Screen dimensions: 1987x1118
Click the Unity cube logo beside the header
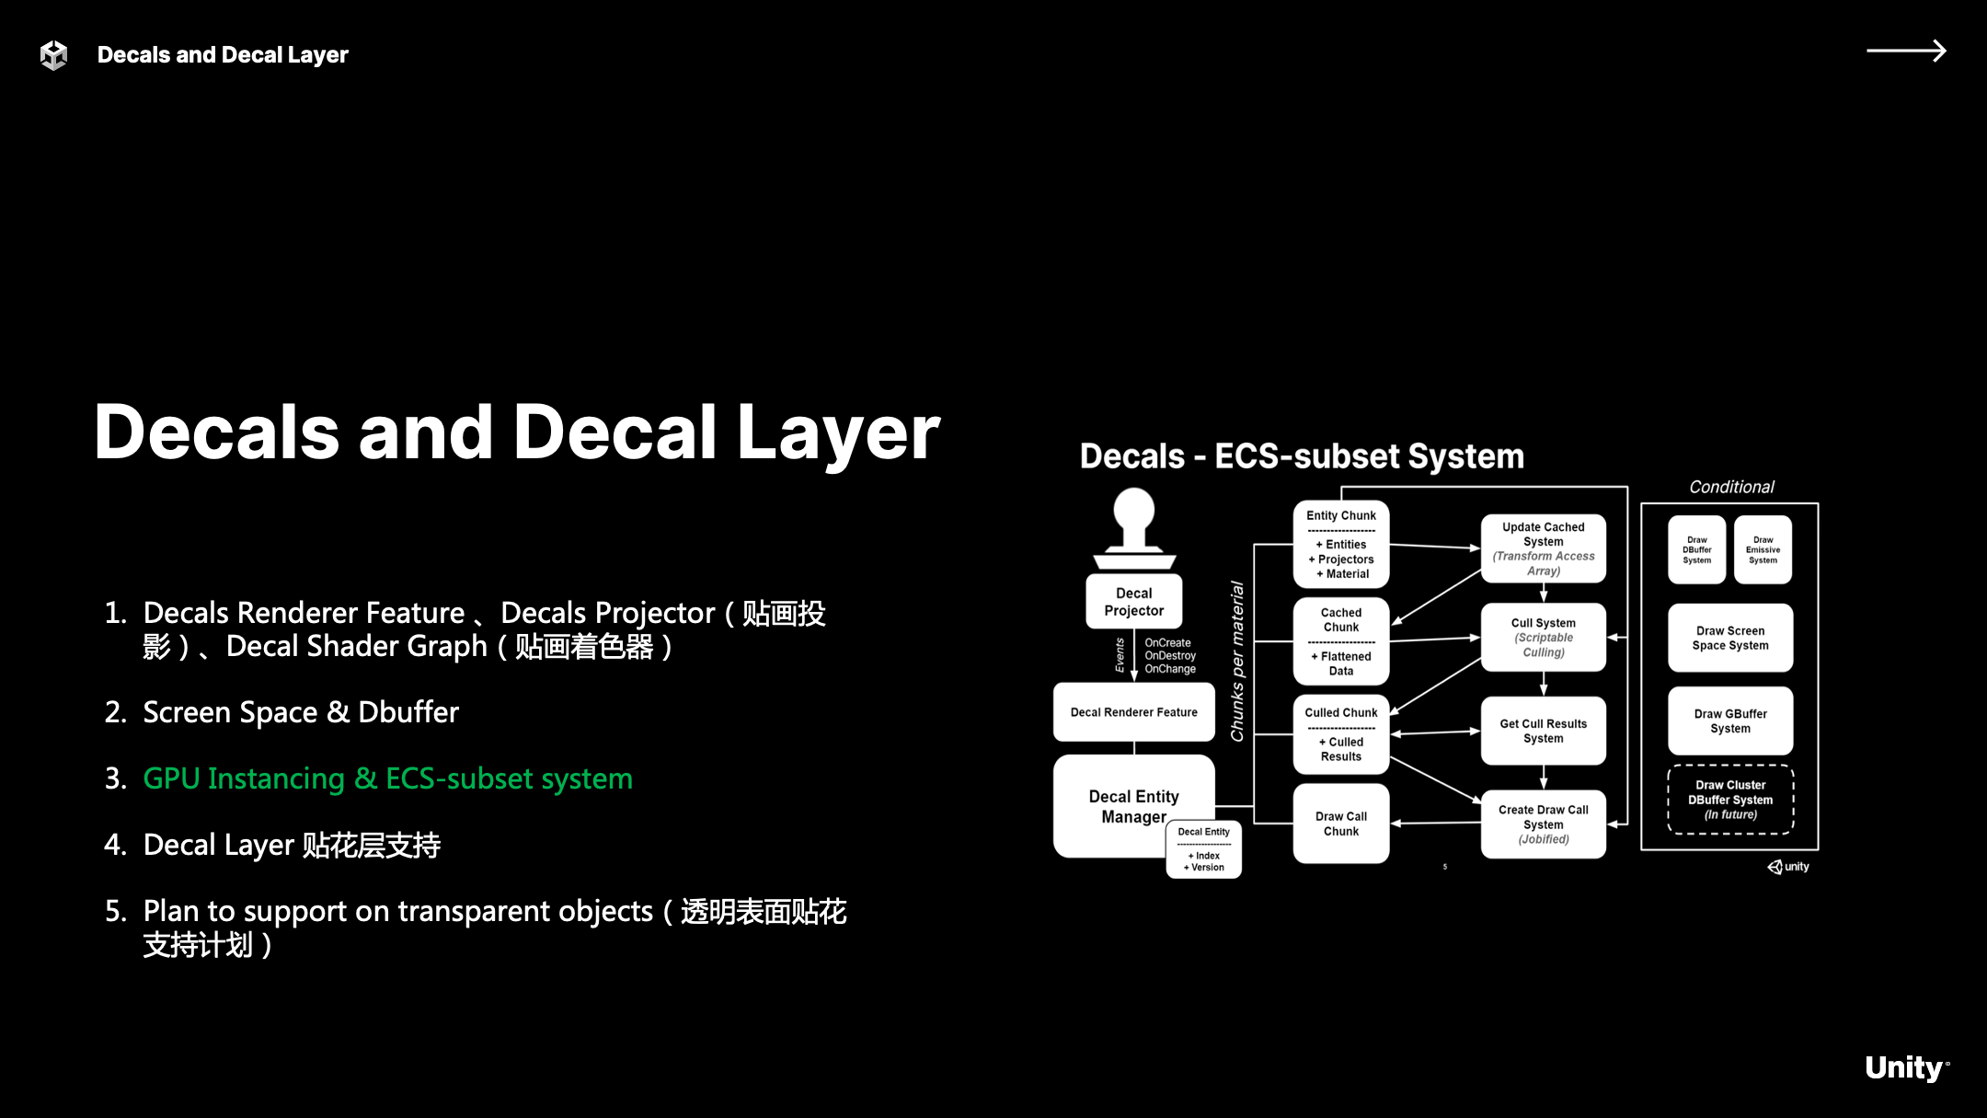(x=54, y=55)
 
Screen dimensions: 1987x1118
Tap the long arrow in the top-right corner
(x=1905, y=51)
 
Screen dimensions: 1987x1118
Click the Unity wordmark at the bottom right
(x=1904, y=1067)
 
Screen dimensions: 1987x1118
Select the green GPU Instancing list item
(x=387, y=778)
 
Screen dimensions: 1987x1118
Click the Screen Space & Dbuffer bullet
(x=300, y=712)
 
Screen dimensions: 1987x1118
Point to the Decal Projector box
(x=1133, y=602)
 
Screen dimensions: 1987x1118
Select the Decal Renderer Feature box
(x=1133, y=712)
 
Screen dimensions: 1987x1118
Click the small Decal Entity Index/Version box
(x=1203, y=849)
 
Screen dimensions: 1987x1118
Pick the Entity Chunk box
(x=1340, y=545)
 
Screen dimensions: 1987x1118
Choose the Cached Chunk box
(x=1340, y=641)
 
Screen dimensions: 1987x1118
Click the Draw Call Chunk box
(x=1340, y=824)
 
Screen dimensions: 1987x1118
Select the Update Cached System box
(x=1543, y=548)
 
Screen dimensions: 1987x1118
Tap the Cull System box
(x=1543, y=637)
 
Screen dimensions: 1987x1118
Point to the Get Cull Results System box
(x=1543, y=731)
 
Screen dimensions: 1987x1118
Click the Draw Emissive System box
(x=1763, y=550)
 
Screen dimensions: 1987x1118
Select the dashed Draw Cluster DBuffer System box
(x=1730, y=800)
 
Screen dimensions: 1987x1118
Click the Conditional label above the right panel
(x=1731, y=487)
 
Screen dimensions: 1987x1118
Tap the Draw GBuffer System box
(x=1730, y=720)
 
